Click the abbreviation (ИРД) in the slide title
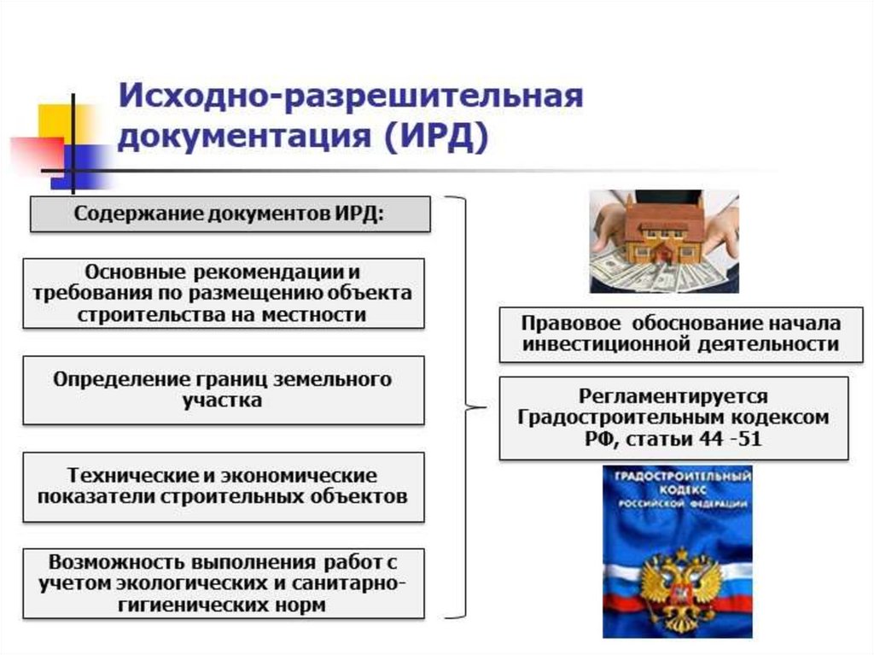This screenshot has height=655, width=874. (x=435, y=137)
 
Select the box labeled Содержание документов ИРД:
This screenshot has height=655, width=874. (x=230, y=213)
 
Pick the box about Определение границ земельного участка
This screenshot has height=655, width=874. (x=223, y=389)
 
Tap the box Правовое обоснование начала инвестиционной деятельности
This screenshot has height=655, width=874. (x=673, y=334)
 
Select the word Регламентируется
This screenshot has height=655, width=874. (x=673, y=396)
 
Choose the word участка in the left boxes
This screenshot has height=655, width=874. (x=223, y=401)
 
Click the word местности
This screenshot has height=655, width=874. (x=324, y=314)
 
